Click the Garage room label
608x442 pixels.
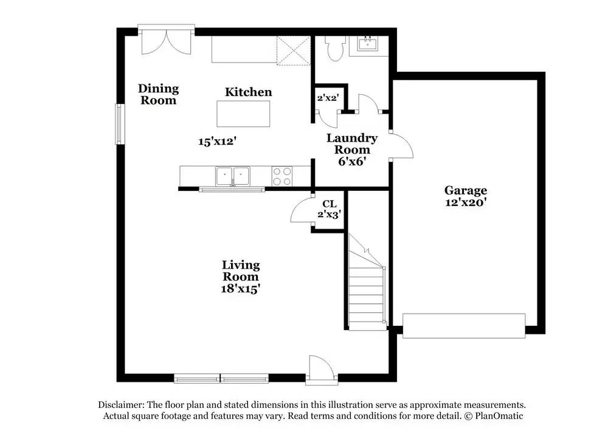pyautogui.click(x=465, y=190)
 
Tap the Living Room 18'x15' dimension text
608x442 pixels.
pyautogui.click(x=240, y=289)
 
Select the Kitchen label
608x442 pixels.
pyautogui.click(x=249, y=92)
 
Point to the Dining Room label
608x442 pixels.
pyautogui.click(x=158, y=94)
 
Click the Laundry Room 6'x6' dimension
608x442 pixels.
pyautogui.click(x=352, y=162)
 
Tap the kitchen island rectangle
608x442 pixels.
pyautogui.click(x=243, y=114)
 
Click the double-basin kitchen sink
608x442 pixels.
pyautogui.click(x=233, y=176)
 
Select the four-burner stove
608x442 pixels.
pyautogui.click(x=282, y=176)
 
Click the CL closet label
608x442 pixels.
pyautogui.click(x=329, y=204)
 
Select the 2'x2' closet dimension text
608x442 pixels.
pyautogui.click(x=328, y=98)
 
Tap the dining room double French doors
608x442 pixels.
pyautogui.click(x=167, y=41)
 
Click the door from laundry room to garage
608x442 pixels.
pyautogui.click(x=402, y=145)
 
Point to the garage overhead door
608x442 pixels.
pyautogui.click(x=464, y=326)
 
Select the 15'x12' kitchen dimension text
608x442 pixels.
pyautogui.click(x=217, y=142)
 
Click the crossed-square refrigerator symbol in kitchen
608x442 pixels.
pyautogui.click(x=294, y=51)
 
